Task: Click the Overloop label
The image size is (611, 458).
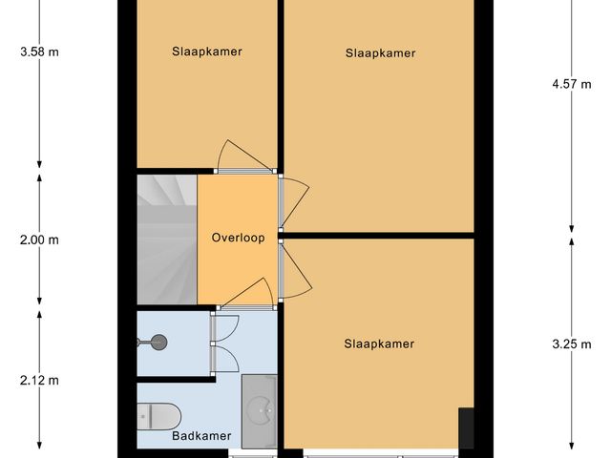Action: [238, 238]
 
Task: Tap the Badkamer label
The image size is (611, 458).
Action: [201, 436]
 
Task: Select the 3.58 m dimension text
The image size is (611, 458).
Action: [39, 52]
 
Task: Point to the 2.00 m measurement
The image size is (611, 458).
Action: [39, 240]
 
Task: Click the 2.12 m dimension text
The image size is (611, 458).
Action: [39, 380]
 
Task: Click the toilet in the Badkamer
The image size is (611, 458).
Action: [159, 415]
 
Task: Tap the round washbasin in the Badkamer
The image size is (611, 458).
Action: [259, 411]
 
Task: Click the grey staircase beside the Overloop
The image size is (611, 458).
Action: [166, 239]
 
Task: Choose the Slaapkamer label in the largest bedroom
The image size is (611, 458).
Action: [380, 53]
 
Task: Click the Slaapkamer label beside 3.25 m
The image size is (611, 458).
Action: [379, 344]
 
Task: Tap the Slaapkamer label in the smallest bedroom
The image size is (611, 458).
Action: [207, 52]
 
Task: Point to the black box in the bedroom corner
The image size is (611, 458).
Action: [466, 427]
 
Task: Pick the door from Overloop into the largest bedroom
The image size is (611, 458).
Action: [294, 201]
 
